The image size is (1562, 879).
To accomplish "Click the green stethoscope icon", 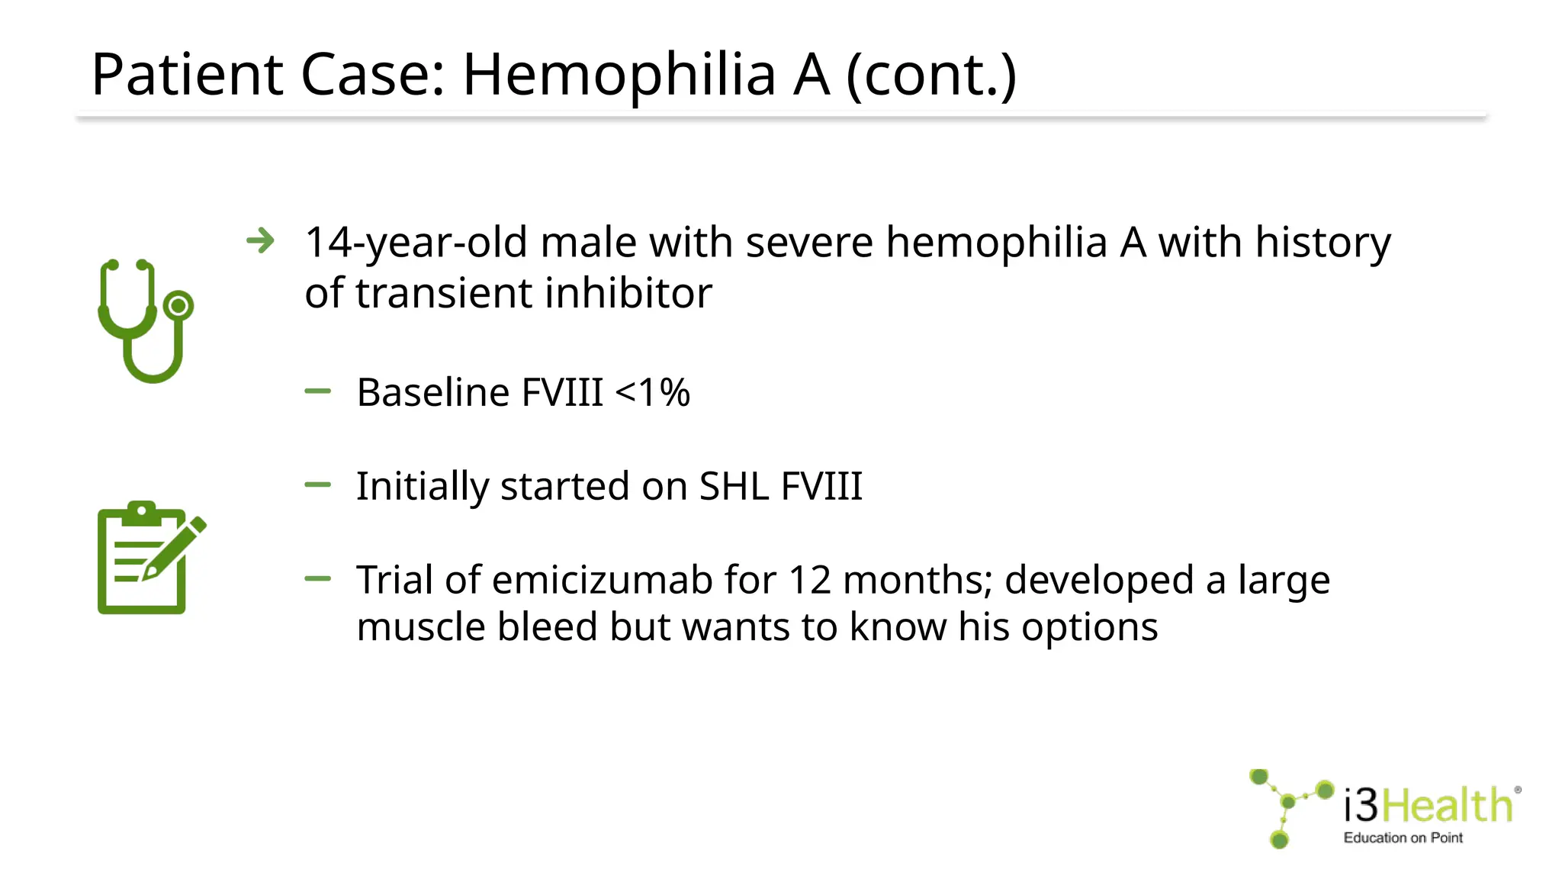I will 145,320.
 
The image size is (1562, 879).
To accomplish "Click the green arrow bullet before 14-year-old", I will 261,242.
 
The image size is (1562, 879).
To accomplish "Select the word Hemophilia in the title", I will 619,75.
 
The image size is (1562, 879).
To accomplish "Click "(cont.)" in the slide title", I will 931,75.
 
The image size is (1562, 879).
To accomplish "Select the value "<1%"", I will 652,393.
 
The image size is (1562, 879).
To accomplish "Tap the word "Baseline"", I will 433,393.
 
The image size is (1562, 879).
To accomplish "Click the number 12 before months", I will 809,580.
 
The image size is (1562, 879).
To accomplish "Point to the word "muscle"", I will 421,627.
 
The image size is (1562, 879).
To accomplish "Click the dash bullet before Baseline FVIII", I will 317,392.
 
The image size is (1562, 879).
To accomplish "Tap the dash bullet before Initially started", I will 317,485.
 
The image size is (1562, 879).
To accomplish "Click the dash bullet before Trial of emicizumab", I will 317,579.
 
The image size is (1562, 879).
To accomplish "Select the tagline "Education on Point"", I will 1403,838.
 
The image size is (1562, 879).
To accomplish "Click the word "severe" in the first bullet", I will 808,243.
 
